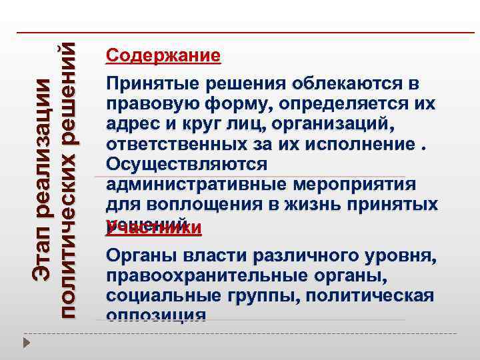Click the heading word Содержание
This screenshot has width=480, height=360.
tap(163, 55)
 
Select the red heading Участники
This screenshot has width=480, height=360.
tap(154, 228)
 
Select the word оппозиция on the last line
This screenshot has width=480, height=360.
tap(155, 313)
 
